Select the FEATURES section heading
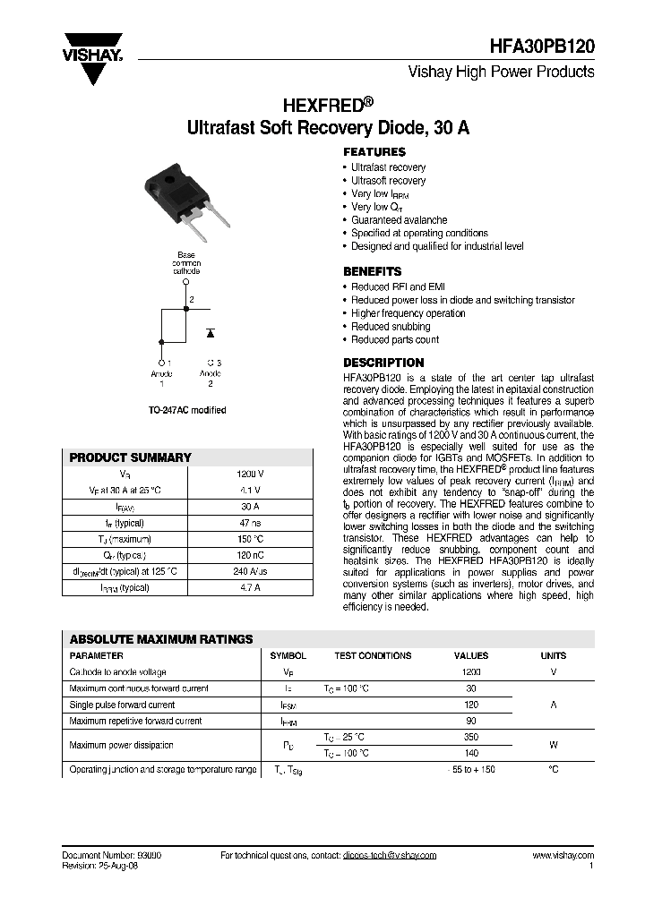pyautogui.click(x=374, y=152)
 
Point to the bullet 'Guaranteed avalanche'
pyautogui.click(x=399, y=219)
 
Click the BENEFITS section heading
pyautogui.click(x=373, y=271)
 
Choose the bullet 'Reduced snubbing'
pyautogui.click(x=391, y=327)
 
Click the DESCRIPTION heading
pyautogui.click(x=384, y=363)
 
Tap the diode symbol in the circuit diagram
pyautogui.click(x=211, y=332)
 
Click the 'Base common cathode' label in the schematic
pyautogui.click(x=186, y=261)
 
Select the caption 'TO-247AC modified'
pyautogui.click(x=186, y=410)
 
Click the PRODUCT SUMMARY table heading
pyautogui.click(x=131, y=457)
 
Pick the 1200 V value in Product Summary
pyautogui.click(x=250, y=474)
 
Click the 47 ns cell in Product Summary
pyautogui.click(x=250, y=523)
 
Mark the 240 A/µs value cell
pyautogui.click(x=250, y=572)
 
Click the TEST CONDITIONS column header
pyautogui.click(x=373, y=655)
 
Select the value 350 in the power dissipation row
pyautogui.click(x=471, y=736)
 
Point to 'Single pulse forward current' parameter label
pyautogui.click(x=123, y=705)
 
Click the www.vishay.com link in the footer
pyautogui.click(x=563, y=855)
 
